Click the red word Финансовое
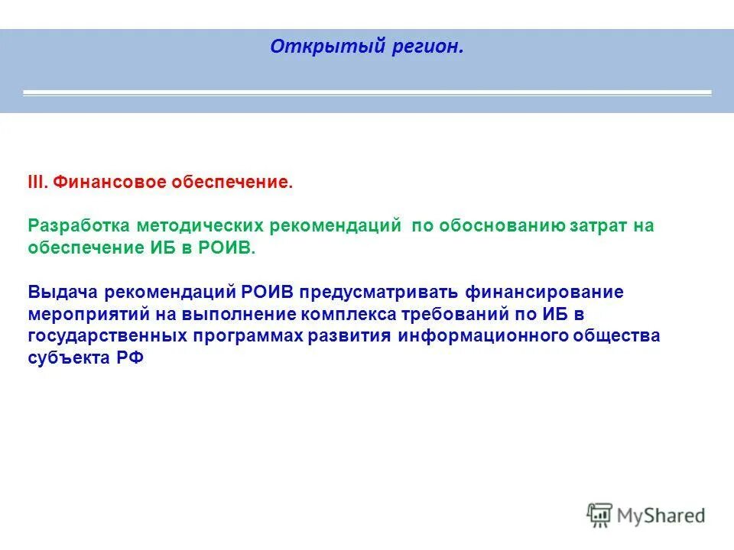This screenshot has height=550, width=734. [109, 183]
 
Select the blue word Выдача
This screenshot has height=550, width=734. [60, 293]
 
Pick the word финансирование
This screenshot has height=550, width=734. [544, 293]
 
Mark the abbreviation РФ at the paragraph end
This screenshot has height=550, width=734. [131, 359]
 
